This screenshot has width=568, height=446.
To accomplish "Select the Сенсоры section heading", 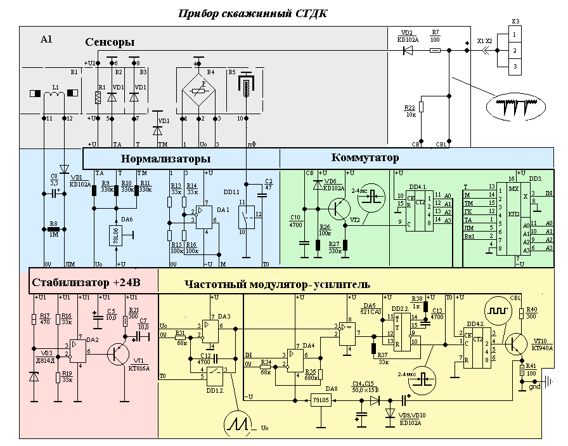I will tap(110, 42).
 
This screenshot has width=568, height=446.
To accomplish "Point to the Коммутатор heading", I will tap(365, 157).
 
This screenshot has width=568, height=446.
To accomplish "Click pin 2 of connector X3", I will tap(517, 49).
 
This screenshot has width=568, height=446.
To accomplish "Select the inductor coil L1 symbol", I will tap(55, 95).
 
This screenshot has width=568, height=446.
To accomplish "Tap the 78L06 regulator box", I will tap(116, 235).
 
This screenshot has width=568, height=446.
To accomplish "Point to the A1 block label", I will tap(46, 39).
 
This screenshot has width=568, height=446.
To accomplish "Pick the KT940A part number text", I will tap(543, 348).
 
